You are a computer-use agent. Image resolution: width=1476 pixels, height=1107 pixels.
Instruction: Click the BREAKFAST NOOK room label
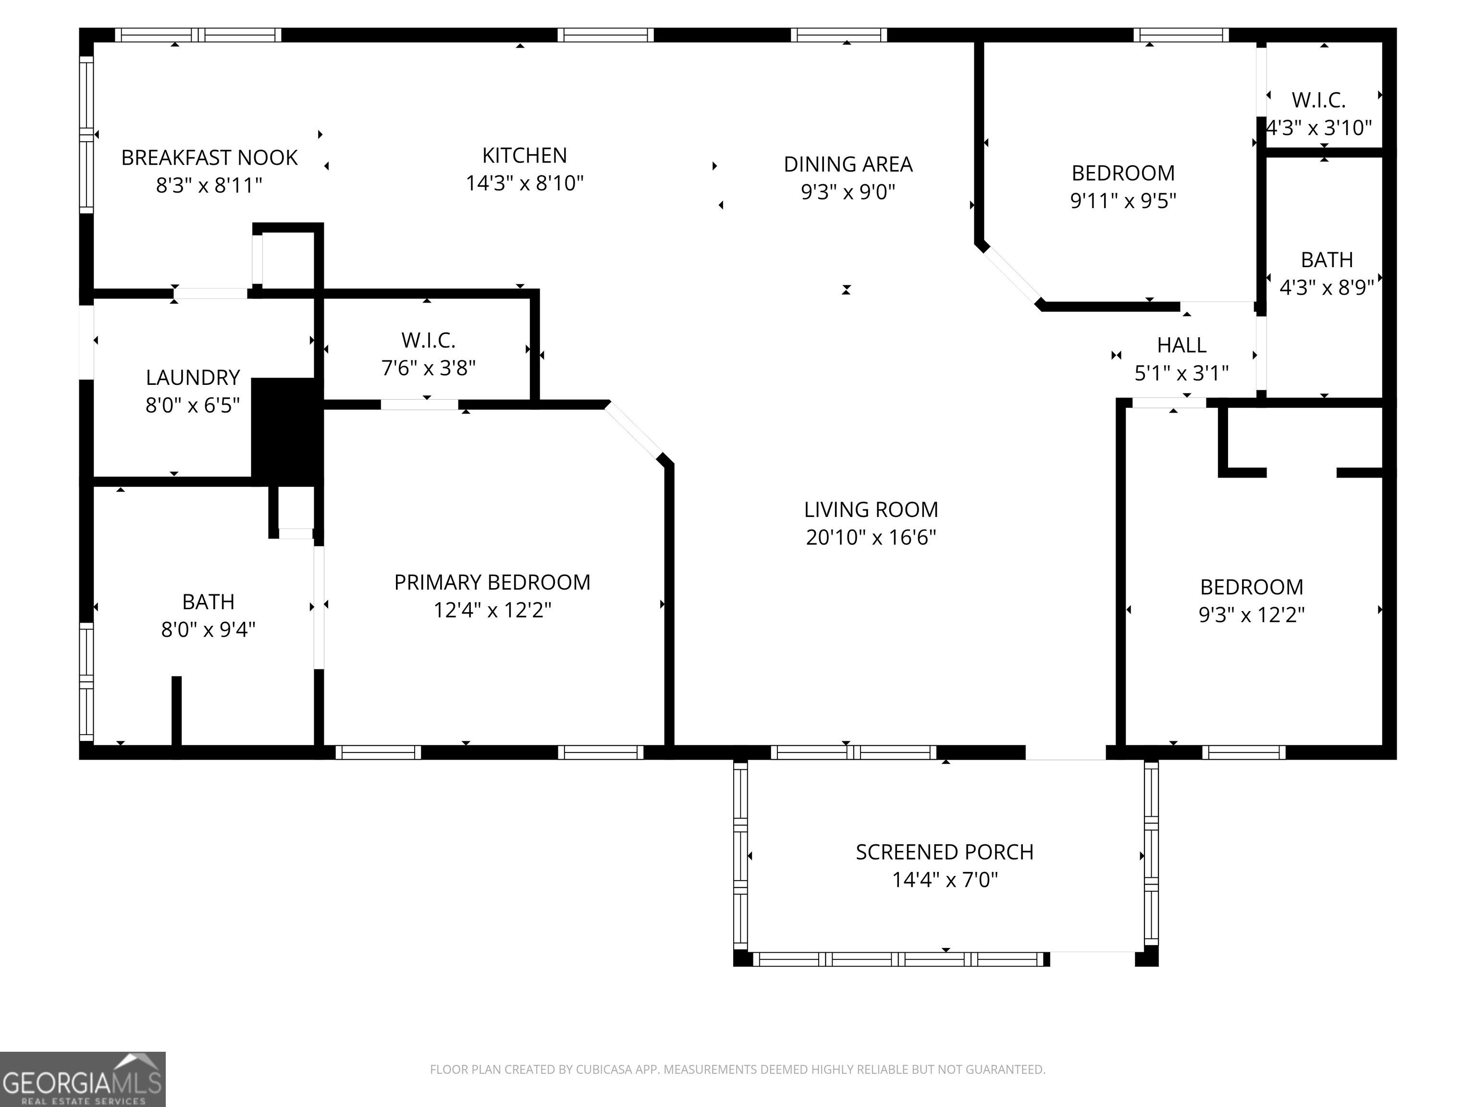[x=209, y=158]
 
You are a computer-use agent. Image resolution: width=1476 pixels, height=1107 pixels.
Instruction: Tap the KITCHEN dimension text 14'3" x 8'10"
[x=525, y=183]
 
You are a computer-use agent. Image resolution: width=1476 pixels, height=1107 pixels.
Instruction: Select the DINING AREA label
[x=848, y=164]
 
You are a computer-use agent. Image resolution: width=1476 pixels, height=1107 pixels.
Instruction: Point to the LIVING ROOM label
[x=871, y=510]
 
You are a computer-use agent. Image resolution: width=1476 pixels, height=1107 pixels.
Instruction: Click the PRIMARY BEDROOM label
[x=492, y=582]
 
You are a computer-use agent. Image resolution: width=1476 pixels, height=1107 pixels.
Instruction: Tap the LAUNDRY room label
[x=193, y=378]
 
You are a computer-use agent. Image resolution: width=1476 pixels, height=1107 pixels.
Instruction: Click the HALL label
[x=1182, y=345]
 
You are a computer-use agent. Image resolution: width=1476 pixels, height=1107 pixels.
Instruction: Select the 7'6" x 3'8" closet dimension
[x=429, y=368]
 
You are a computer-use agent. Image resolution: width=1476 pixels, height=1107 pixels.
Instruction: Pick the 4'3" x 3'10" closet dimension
[x=1319, y=127]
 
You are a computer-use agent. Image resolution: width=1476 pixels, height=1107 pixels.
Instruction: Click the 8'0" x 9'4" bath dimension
[x=208, y=629]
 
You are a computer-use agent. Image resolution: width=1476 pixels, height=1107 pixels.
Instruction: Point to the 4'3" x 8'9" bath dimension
[x=1327, y=287]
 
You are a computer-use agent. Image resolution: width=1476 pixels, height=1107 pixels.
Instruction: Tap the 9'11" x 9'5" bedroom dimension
[x=1123, y=200]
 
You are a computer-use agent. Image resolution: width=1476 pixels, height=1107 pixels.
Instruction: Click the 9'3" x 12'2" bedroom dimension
[x=1252, y=615]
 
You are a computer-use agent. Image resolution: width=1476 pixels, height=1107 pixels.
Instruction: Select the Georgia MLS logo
[x=83, y=1079]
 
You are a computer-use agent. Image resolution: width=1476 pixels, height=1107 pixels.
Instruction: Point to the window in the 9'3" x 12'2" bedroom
[x=1244, y=752]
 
